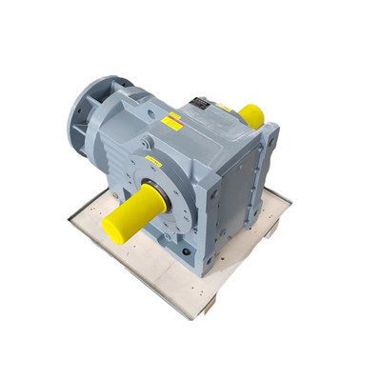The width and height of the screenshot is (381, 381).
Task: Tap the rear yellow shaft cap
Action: tap(251, 115)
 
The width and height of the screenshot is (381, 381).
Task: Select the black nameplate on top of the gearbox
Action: tap(202, 104)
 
